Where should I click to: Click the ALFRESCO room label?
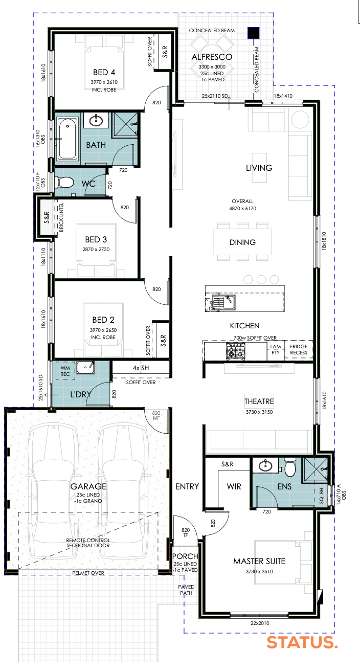[212, 57]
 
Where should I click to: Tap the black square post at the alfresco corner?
[254, 33]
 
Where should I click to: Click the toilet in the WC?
[64, 182]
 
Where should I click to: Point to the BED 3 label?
[96, 239]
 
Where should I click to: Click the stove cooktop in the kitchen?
[236, 351]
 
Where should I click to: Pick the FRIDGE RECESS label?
[299, 349]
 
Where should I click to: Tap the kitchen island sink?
[228, 302]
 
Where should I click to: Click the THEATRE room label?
[259, 401]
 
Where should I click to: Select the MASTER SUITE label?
[259, 561]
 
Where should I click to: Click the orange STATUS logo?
[302, 642]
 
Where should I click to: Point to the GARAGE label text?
[88, 486]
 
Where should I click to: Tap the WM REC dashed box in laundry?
[65, 371]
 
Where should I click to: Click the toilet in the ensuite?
[290, 468]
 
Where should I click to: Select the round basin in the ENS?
[265, 465]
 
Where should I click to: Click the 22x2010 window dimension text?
[260, 623]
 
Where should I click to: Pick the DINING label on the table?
[242, 242]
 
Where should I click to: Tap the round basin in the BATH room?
[96, 121]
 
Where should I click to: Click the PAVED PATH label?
[186, 590]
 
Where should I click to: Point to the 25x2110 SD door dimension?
[214, 96]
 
